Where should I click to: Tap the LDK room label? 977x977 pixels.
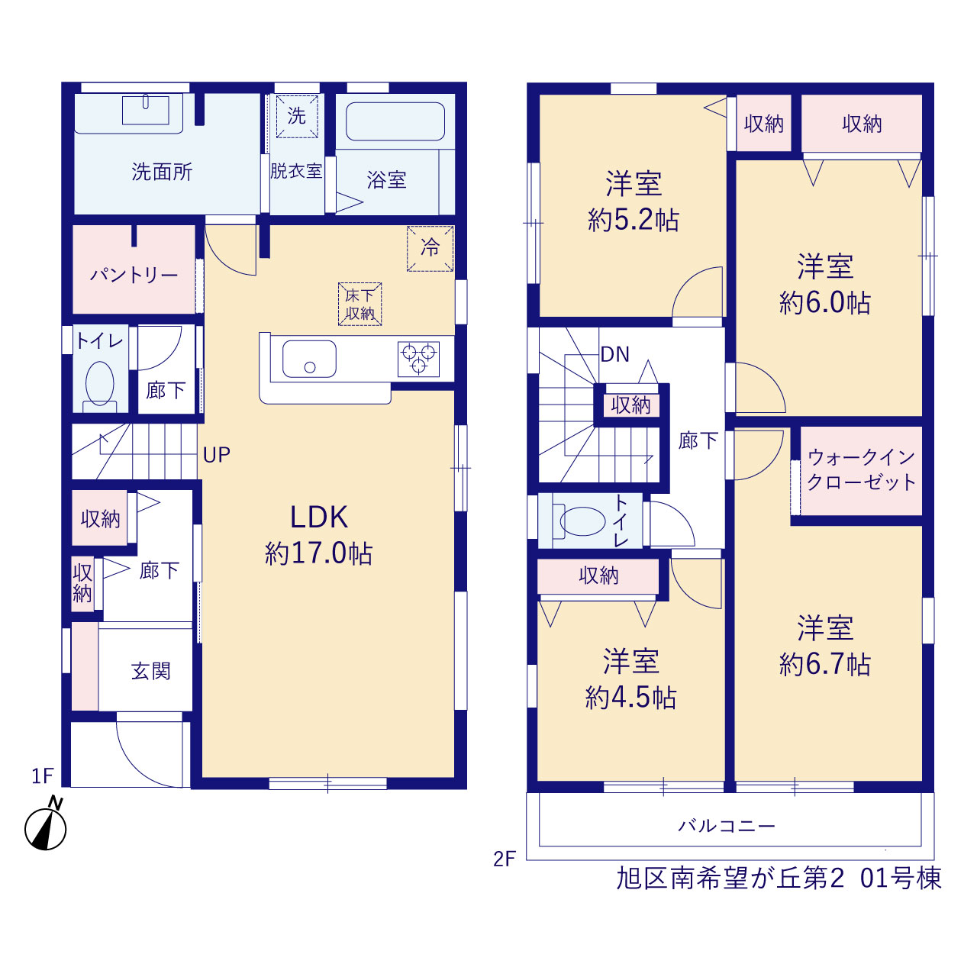[x=319, y=518]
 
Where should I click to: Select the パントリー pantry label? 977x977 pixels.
[x=134, y=276]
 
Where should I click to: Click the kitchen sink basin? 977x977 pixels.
[x=309, y=359]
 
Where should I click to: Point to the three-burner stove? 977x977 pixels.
[x=418, y=359]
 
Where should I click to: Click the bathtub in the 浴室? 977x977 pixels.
[x=395, y=121]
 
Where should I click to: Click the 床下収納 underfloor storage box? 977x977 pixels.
[x=360, y=305]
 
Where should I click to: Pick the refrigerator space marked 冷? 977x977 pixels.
[x=430, y=248]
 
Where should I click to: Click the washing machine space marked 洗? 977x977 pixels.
[x=297, y=116]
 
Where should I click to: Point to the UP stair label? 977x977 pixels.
[x=217, y=455]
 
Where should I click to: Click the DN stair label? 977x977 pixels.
[x=615, y=354]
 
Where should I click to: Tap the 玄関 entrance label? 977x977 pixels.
[x=150, y=671]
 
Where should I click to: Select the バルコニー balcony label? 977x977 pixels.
[x=727, y=827]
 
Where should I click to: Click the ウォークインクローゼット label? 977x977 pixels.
[x=862, y=469]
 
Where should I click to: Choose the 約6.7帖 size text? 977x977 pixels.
[x=825, y=664]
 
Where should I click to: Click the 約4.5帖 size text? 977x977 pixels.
[x=630, y=698]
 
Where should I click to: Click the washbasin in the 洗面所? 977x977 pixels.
[x=146, y=109]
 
